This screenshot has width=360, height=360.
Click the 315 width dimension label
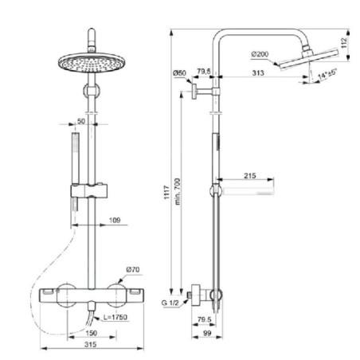(x=91, y=345)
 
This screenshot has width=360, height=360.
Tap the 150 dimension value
(x=92, y=333)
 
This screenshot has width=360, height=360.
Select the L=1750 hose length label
(x=115, y=317)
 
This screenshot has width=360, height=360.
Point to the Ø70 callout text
(x=133, y=270)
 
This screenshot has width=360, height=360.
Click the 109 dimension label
(x=115, y=221)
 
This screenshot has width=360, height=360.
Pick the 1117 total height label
(x=166, y=192)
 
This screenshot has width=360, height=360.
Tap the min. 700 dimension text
(x=178, y=191)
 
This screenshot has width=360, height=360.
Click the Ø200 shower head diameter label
(x=260, y=54)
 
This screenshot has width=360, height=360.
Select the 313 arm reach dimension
(x=258, y=72)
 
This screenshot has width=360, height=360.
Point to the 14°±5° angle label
(x=327, y=74)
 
